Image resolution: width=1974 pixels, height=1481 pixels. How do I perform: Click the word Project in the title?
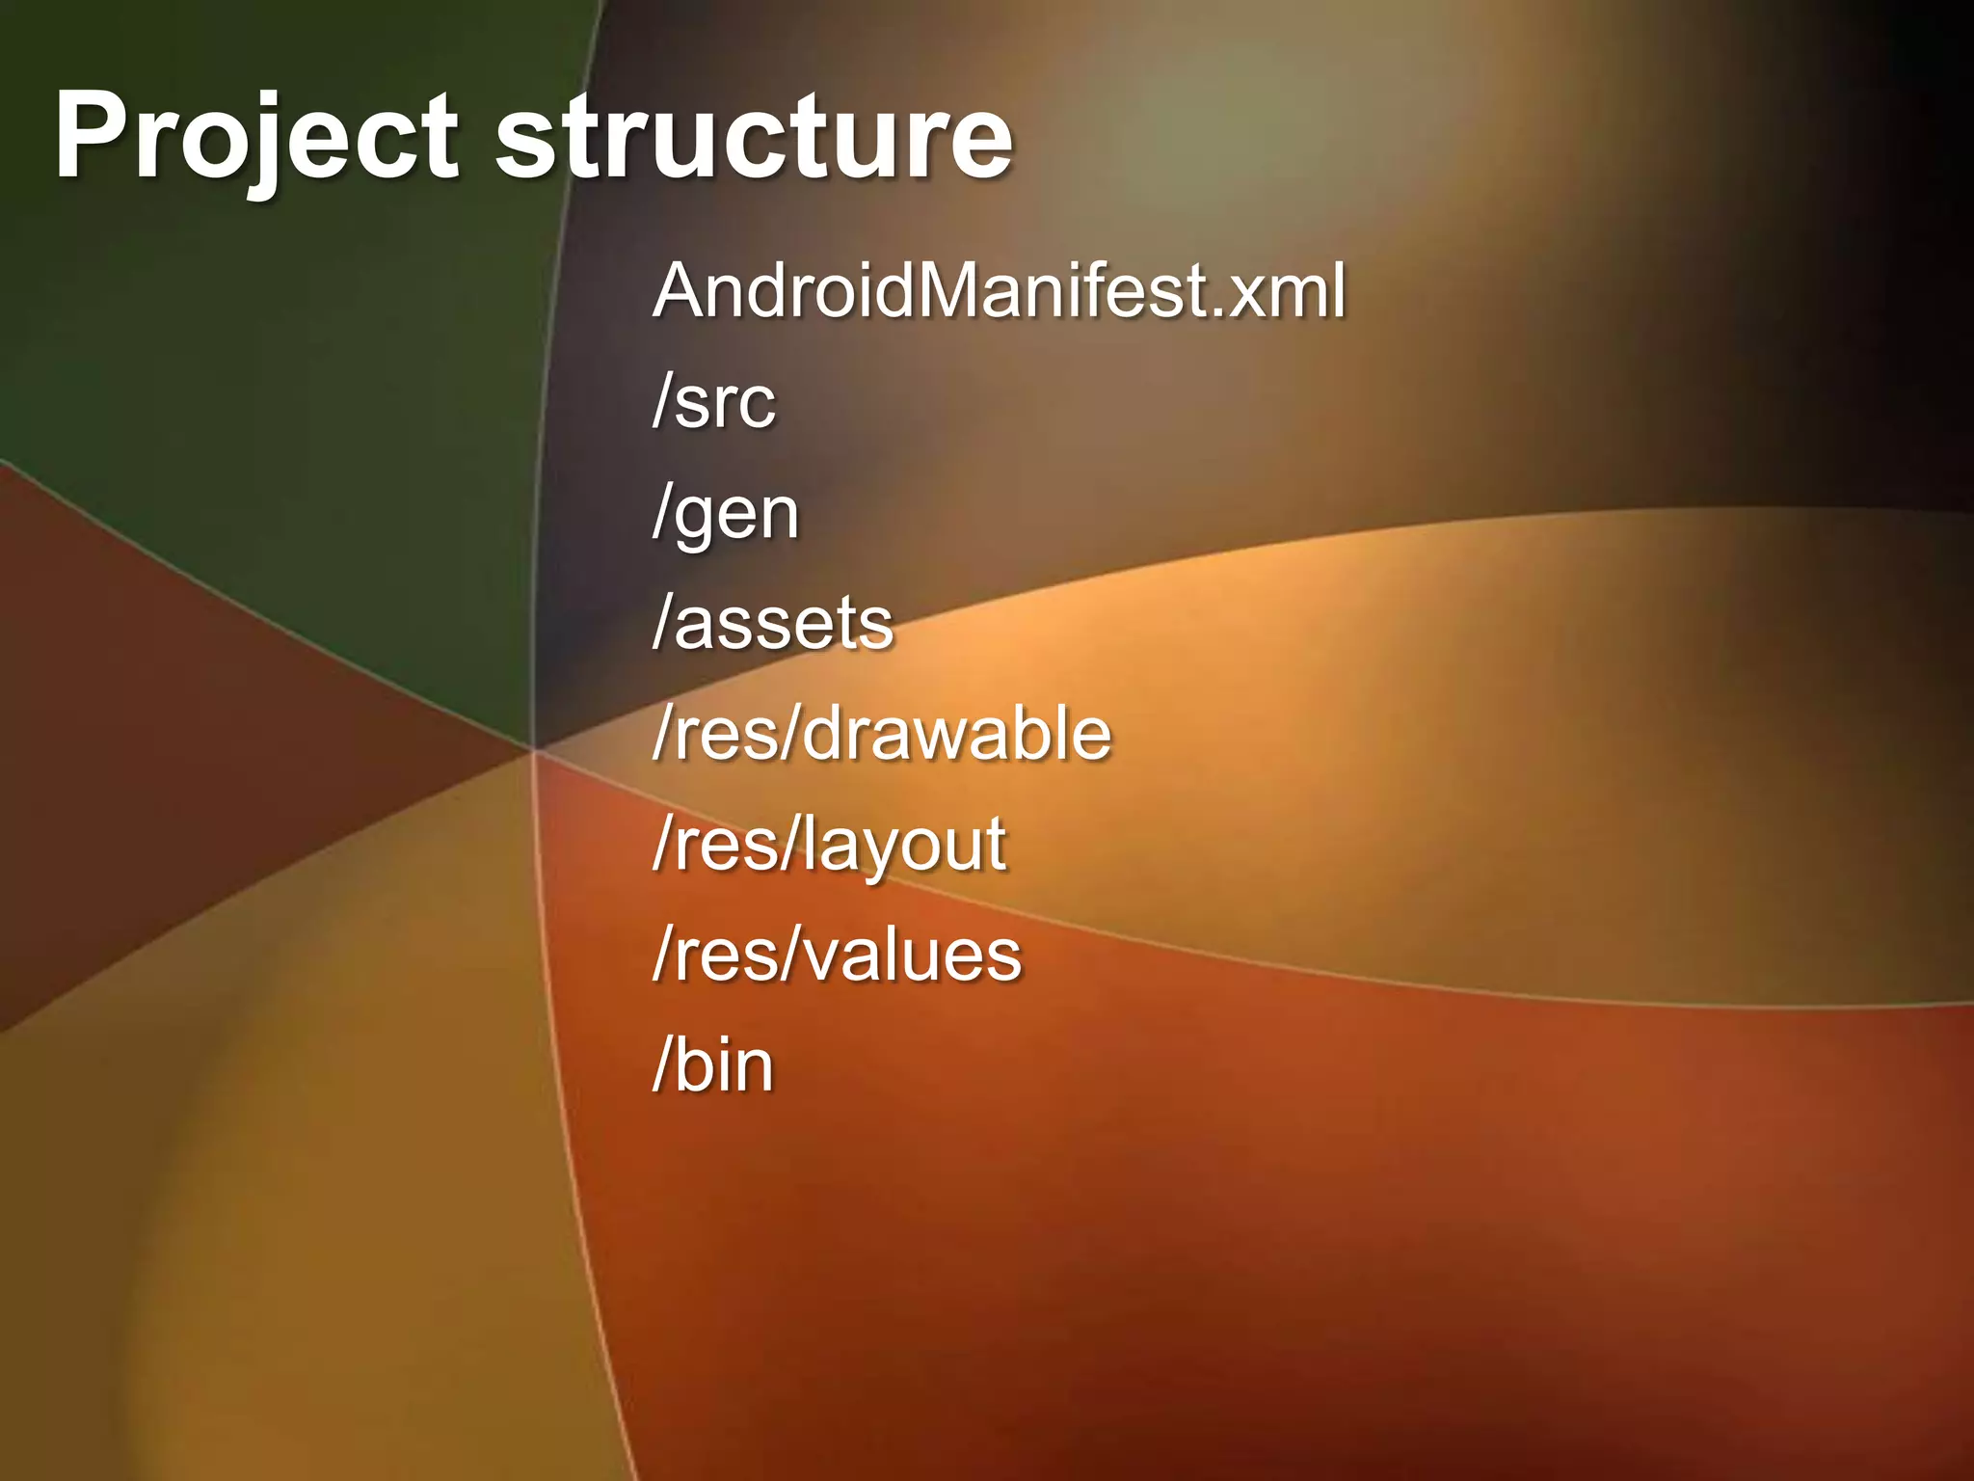(255, 137)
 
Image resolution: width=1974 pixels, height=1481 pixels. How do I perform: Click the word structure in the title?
(754, 137)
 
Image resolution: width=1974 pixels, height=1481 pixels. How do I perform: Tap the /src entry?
(714, 401)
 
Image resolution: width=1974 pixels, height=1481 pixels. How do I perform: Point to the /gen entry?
(726, 514)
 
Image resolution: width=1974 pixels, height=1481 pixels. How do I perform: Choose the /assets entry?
(773, 624)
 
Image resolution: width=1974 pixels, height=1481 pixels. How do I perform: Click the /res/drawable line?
(882, 734)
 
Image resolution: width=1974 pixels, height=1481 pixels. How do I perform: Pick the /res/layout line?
(829, 846)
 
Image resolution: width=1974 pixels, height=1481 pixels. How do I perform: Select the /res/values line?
(837, 956)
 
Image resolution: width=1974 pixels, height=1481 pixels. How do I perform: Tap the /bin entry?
(713, 1065)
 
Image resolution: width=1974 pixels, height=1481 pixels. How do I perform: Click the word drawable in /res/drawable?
(957, 734)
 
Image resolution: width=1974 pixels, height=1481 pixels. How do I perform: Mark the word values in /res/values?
(913, 956)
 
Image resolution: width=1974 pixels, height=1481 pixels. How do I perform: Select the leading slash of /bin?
(662, 1065)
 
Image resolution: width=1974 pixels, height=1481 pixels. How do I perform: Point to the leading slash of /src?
(662, 401)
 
